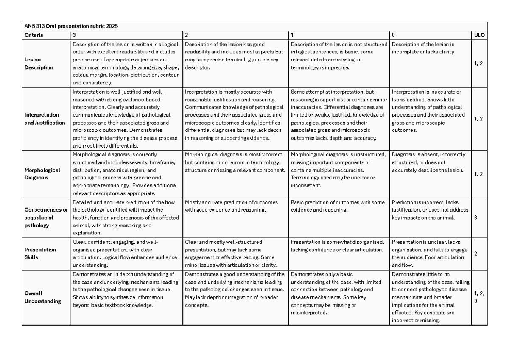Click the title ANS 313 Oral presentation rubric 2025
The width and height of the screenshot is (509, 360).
(70, 26)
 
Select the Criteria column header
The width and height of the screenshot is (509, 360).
(34, 35)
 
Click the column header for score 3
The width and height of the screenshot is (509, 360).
(75, 35)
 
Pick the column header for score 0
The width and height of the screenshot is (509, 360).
(393, 35)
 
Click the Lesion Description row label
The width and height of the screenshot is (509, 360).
(39, 64)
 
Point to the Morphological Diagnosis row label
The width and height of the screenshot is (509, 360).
(42, 173)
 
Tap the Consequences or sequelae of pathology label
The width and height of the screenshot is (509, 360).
(46, 218)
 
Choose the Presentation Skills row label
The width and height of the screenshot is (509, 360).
(40, 254)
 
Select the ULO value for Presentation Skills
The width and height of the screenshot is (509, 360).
(475, 254)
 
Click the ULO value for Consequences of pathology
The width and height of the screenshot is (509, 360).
(475, 218)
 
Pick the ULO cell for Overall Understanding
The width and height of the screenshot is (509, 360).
(479, 297)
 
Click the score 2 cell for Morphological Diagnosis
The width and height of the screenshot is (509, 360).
(235, 162)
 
